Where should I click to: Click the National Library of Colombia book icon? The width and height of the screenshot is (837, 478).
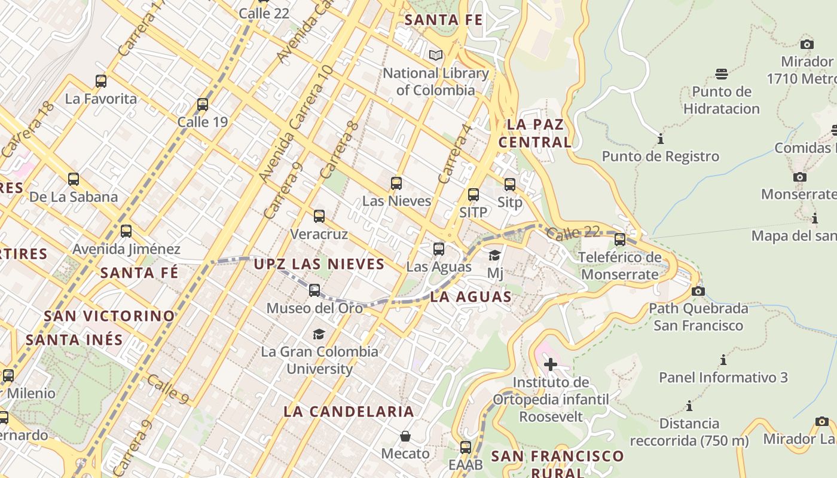tap(436, 56)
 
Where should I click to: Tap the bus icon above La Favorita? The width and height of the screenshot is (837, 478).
tap(101, 81)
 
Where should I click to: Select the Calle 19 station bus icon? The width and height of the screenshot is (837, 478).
tap(203, 105)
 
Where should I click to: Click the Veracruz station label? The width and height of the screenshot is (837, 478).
tap(319, 234)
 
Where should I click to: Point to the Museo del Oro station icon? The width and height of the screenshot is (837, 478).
tap(314, 290)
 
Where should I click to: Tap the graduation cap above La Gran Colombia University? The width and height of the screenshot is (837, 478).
tap(319, 334)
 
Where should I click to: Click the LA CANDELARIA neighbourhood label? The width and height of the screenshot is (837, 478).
tap(349, 411)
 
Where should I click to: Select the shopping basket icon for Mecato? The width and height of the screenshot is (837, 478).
tap(405, 436)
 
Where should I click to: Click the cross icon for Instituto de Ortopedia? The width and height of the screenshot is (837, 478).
tap(550, 364)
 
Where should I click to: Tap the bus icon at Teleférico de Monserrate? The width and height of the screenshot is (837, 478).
tap(620, 240)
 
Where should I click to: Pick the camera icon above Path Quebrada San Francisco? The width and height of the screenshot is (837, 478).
tap(698, 292)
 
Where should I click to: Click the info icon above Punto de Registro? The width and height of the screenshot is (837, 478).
tap(661, 139)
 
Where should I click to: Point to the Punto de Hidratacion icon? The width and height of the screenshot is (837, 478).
tap(722, 74)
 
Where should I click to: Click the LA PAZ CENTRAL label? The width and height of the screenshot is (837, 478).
tap(535, 133)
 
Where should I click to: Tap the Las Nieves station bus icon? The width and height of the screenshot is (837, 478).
tap(396, 183)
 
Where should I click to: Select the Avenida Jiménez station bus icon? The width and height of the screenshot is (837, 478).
tap(126, 231)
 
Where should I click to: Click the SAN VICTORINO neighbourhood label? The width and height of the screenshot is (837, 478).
tap(109, 315)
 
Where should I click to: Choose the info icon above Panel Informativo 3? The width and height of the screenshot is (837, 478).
tap(723, 360)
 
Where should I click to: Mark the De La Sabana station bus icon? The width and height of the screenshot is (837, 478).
tap(74, 179)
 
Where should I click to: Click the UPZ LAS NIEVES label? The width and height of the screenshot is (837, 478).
tap(319, 264)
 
